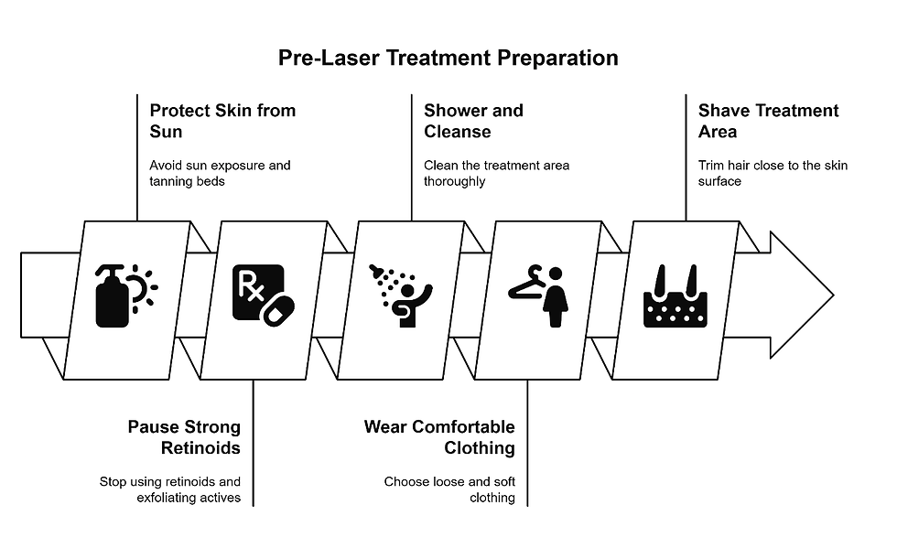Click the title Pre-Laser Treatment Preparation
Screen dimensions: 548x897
448,59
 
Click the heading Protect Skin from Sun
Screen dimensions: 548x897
222,121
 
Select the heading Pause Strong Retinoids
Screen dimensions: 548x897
184,437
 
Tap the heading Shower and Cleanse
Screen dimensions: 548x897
473,121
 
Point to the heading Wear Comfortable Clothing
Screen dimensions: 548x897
439,437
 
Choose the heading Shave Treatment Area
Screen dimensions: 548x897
768,121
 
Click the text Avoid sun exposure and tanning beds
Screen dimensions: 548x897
220,173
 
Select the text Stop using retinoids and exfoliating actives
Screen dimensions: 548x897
170,489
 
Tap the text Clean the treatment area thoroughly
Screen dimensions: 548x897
496,173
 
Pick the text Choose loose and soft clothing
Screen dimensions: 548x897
449,489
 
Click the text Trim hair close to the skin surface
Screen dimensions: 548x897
773,173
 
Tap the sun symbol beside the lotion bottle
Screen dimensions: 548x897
142,286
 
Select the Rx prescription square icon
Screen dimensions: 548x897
255,291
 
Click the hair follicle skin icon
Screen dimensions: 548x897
675,297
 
